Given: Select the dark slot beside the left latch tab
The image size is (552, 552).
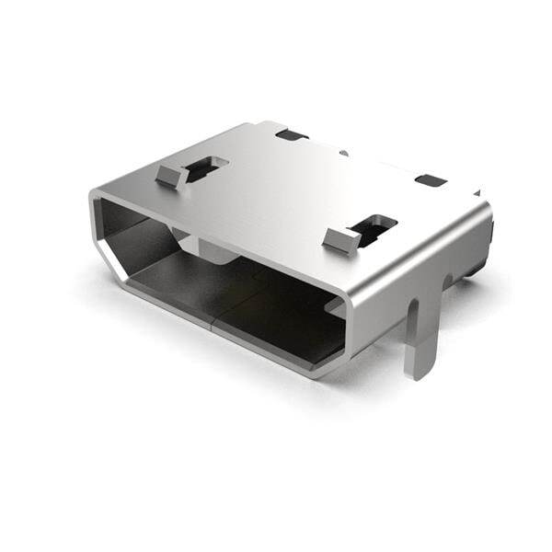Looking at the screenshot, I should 208,167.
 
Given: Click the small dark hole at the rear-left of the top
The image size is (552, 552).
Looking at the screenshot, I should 292,135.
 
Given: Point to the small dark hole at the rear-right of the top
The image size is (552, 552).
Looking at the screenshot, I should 430,180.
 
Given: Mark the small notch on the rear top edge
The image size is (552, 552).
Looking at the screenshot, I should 343,152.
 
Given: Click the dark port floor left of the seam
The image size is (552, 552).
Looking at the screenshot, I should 175,285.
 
